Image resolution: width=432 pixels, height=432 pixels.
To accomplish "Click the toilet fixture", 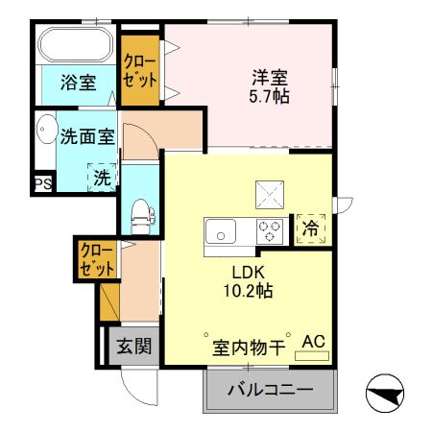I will (x=139, y=213).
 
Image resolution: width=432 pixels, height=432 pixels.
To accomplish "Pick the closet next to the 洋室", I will (x=140, y=70).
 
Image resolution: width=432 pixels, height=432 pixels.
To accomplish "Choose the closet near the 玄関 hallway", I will (x=97, y=261).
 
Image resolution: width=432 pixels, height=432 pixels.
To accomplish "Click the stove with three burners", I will (x=270, y=231).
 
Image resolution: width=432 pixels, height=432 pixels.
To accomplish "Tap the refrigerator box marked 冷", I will (x=311, y=228).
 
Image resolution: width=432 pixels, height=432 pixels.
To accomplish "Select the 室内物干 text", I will (x=248, y=348).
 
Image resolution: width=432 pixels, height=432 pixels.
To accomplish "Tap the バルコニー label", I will (x=271, y=391).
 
